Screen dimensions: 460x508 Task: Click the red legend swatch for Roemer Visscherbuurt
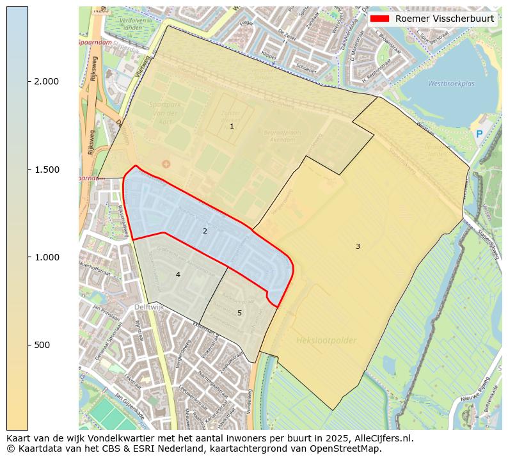(379, 19)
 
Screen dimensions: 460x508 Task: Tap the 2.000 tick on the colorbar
(46, 81)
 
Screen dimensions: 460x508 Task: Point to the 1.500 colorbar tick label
(46, 170)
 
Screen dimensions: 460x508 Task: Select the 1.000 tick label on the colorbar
(46, 257)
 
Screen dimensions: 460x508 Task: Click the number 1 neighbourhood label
(232, 127)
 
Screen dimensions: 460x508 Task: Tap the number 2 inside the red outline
(205, 231)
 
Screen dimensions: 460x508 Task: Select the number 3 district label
(358, 246)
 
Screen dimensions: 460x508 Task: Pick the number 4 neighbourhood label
(178, 274)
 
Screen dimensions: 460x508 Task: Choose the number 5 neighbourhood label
(239, 313)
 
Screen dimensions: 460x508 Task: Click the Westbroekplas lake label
(451, 83)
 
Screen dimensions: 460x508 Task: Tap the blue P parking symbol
(479, 134)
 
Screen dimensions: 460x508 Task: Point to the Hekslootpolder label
(326, 340)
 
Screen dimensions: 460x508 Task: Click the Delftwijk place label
(149, 308)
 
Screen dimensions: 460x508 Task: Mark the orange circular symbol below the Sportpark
(166, 164)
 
